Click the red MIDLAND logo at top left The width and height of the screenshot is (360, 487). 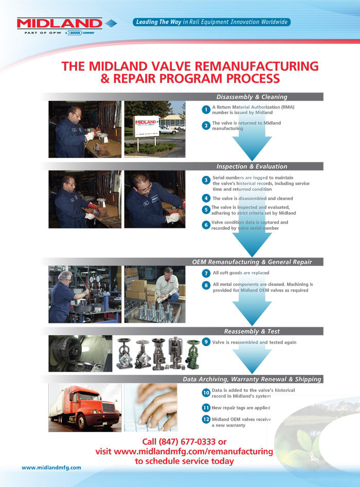coord(59,23)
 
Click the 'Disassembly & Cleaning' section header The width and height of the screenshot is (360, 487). coord(251,97)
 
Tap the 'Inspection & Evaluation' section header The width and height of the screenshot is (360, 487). coord(251,166)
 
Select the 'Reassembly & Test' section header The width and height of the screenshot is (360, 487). coord(251,331)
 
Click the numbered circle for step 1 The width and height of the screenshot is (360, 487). coord(206,110)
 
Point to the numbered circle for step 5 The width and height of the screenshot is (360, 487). coord(206,210)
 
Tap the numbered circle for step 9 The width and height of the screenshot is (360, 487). coord(206,342)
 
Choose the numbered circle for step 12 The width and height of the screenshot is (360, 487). coord(206,420)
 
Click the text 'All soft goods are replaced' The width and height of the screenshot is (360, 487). coord(241,273)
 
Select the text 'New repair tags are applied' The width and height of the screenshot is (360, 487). coord(241,407)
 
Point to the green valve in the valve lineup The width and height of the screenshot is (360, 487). coord(193,354)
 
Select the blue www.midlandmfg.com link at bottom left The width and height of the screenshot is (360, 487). coord(51,467)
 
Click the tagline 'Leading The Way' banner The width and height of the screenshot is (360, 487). coord(211,22)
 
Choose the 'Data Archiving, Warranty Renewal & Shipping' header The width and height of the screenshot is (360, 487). coord(251,379)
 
